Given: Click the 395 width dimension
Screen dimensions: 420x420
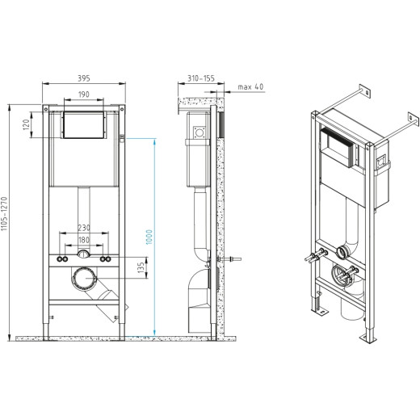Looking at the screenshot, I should [83, 78].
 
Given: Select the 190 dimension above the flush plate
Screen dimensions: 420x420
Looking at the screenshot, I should [83, 94].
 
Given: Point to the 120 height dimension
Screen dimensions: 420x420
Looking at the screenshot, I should [26, 126].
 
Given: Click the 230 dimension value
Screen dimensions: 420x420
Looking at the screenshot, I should [83, 229].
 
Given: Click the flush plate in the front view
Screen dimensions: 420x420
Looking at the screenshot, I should [83, 125].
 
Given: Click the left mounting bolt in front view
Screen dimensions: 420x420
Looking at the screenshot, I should [61, 260].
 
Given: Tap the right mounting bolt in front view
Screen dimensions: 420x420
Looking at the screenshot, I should [106, 260].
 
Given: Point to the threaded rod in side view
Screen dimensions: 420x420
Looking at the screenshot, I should [231, 260].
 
